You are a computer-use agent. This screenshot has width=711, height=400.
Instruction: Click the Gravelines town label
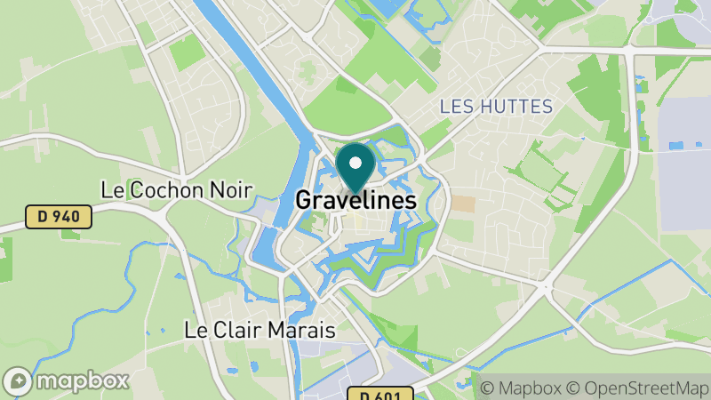coord(355,201)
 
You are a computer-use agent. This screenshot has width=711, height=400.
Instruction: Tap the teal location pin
coord(355,169)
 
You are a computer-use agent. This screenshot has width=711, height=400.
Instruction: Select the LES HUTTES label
coord(496,107)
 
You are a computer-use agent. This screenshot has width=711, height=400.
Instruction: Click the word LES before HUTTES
coord(455,107)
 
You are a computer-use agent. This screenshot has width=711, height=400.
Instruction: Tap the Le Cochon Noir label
coord(177,190)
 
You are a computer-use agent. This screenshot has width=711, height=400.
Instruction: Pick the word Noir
coord(230,190)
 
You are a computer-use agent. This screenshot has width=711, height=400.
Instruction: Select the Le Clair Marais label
coord(260,330)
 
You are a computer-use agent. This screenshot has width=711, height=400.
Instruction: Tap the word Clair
coord(237,330)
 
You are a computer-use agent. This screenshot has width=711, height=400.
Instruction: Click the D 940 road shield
coord(59,217)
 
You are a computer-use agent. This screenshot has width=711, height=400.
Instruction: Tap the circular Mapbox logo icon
coord(20,380)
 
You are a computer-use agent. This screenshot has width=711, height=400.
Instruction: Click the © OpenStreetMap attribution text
coord(637,388)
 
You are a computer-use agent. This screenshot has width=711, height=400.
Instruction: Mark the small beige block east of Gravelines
coord(463,204)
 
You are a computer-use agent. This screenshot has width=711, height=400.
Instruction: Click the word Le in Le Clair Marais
coord(196,330)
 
